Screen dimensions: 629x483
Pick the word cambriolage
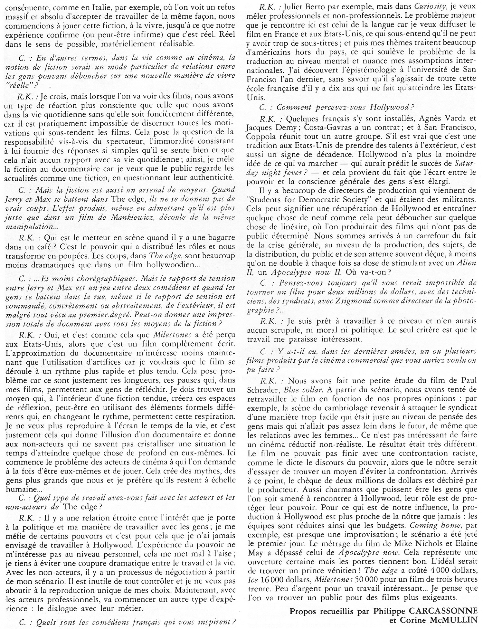pyautogui.click(x=346, y=407)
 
